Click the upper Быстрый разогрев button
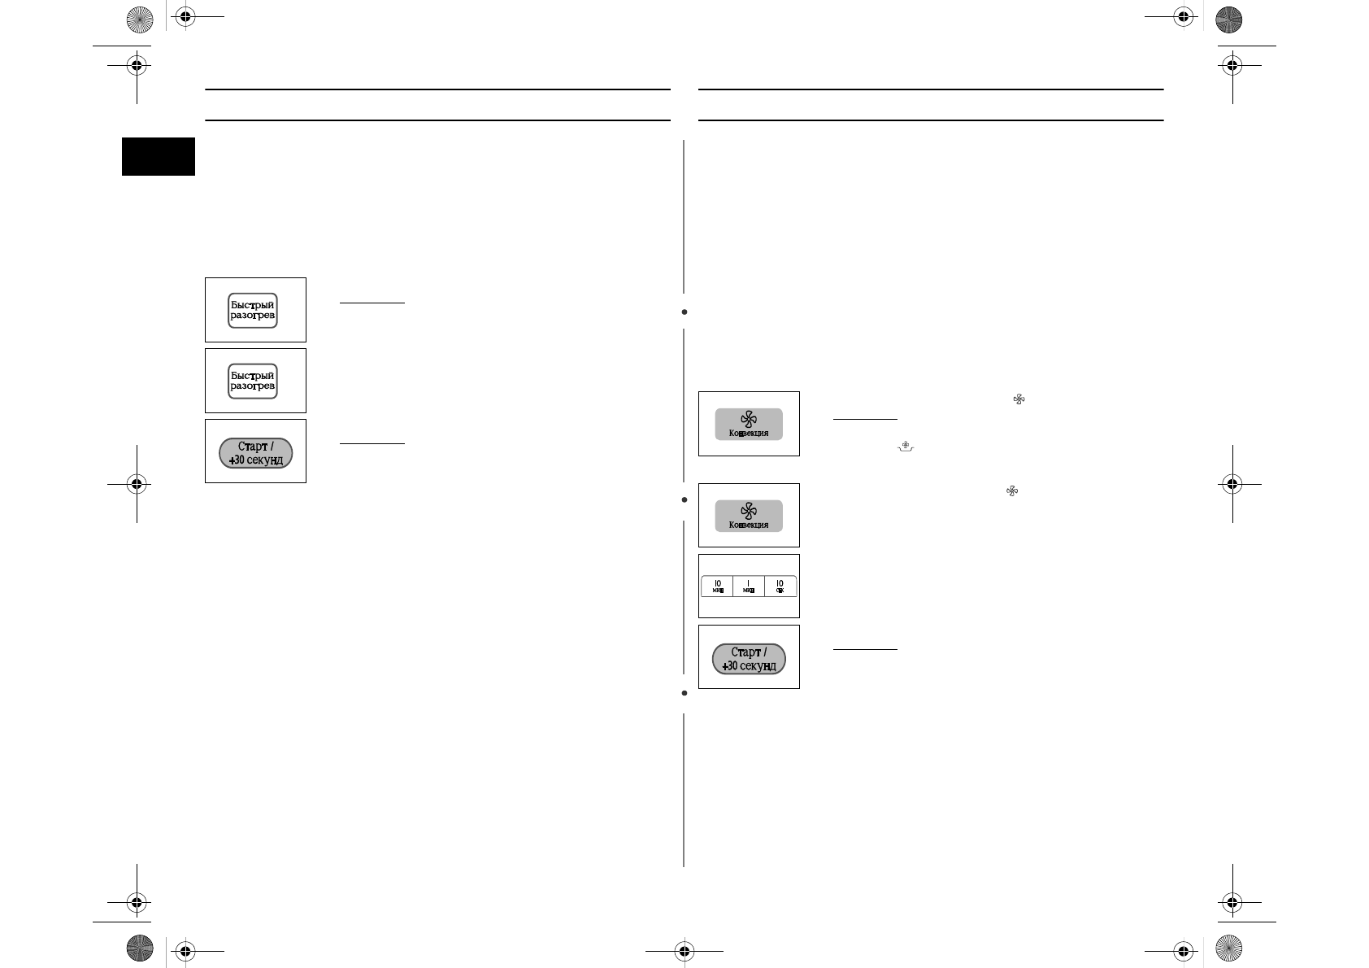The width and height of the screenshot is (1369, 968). pos(253,310)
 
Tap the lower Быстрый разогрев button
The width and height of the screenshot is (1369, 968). pos(253,381)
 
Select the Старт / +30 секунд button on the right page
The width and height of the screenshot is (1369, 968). pos(749,659)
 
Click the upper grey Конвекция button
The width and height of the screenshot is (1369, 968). pos(749,424)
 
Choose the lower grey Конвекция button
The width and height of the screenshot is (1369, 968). pos(749,516)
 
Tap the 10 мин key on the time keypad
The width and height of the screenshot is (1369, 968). pos(717,586)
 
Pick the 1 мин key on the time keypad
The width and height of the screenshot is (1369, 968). pos(749,586)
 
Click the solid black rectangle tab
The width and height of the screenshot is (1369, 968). pos(159,156)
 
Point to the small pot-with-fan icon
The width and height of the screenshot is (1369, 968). pos(905,447)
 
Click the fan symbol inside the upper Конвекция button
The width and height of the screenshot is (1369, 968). pos(749,419)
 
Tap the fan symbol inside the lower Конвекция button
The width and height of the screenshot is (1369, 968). pos(749,511)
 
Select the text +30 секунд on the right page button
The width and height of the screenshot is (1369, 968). pos(749,666)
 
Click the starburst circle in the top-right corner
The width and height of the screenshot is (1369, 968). pos(1228,20)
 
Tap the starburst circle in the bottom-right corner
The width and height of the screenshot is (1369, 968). pos(1228,948)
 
